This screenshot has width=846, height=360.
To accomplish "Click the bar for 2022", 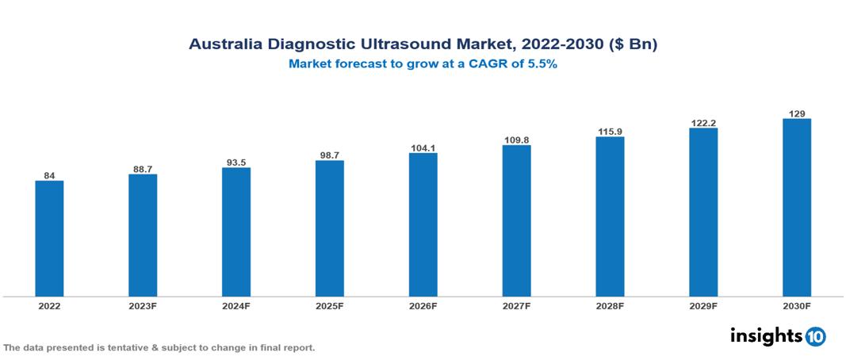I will pyautogui.click(x=49, y=239).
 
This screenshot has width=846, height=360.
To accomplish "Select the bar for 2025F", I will pyautogui.click(x=329, y=228).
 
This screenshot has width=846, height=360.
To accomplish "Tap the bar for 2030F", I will pyautogui.click(x=796, y=208).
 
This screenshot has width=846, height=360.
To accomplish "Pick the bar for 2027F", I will pyautogui.click(x=516, y=221).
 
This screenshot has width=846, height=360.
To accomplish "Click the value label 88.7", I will pyautogui.click(x=143, y=168).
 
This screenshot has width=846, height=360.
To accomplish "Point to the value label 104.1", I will pyautogui.click(x=423, y=147).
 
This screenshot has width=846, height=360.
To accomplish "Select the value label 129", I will pyautogui.click(x=796, y=113).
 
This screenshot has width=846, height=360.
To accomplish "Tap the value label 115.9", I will pyautogui.click(x=610, y=131).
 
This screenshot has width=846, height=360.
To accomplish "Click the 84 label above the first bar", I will pyautogui.click(x=49, y=175).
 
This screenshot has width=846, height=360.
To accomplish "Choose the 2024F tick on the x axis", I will pyautogui.click(x=236, y=305).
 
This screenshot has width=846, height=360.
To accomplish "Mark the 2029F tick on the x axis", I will pyautogui.click(x=703, y=305).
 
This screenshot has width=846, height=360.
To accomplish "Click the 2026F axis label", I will pyautogui.click(x=423, y=305).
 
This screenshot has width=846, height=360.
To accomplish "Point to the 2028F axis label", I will pyautogui.click(x=610, y=305).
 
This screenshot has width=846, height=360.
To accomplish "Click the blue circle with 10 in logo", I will pyautogui.click(x=816, y=336).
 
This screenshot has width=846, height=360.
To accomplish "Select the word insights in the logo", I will pyautogui.click(x=765, y=335).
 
